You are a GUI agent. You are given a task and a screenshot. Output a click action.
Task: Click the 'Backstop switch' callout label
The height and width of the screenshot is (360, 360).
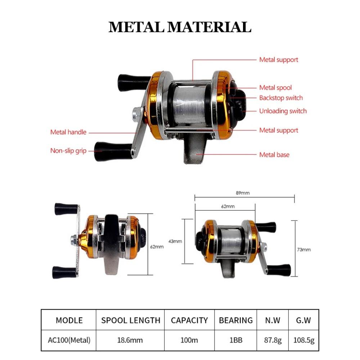pyautogui.click(x=281, y=98)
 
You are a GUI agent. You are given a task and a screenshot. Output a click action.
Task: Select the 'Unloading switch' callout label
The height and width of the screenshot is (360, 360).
pyautogui.click(x=283, y=111)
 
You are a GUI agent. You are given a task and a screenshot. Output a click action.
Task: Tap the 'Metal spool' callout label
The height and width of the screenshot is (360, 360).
pyautogui.click(x=275, y=88)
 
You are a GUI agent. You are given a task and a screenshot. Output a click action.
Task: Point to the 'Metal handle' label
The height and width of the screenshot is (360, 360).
pyautogui.click(x=68, y=132)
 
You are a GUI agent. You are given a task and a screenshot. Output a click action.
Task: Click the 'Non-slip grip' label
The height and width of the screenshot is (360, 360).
pyautogui.click(x=68, y=151)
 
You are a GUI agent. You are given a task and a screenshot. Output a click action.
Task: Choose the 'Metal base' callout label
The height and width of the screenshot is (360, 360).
pyautogui.click(x=274, y=155)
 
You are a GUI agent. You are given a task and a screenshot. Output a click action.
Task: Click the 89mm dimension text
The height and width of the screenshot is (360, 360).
pyautogui.click(x=243, y=193)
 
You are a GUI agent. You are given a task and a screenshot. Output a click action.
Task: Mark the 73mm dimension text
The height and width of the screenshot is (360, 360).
pyautogui.click(x=304, y=249)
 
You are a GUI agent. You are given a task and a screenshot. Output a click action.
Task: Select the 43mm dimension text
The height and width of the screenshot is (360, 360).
pyautogui.click(x=175, y=241)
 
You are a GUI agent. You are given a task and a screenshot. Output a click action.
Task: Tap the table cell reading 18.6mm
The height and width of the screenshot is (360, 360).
pyautogui.click(x=130, y=340)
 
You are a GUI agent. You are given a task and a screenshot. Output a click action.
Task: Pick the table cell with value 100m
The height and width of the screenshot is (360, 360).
pyautogui.click(x=189, y=340)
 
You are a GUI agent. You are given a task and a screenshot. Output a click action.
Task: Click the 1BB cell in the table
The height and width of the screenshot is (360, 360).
pyautogui.click(x=236, y=340)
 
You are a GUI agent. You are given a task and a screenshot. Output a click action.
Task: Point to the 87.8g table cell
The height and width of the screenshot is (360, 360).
pyautogui.click(x=273, y=340)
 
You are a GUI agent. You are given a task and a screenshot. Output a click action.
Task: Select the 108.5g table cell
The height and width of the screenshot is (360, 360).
pyautogui.click(x=304, y=340)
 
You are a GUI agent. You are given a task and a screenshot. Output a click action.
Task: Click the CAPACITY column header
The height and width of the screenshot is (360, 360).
pyautogui.click(x=189, y=320)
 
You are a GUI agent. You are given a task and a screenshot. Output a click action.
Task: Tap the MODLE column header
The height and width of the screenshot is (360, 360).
pyautogui.click(x=69, y=320)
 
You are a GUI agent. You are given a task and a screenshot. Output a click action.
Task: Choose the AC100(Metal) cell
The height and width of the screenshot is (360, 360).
pyautogui.click(x=69, y=340)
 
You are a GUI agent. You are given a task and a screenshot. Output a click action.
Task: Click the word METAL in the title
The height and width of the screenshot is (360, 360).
pyautogui.click(x=136, y=27)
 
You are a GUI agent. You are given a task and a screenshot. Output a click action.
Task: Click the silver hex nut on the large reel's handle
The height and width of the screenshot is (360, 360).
pyautogui.click(x=136, y=112)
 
